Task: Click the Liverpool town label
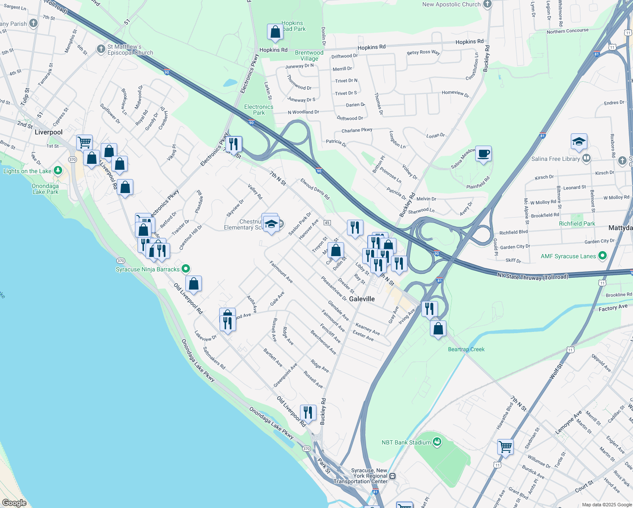[49, 132]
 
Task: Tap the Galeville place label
[362, 299]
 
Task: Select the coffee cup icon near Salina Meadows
[483, 154]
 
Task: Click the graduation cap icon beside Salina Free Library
[579, 142]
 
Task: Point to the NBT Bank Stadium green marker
[438, 442]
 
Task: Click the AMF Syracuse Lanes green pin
[603, 256]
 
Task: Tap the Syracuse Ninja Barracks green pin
[185, 269]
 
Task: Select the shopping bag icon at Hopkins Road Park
[275, 32]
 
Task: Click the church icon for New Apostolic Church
[487, 5]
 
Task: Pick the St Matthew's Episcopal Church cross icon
[101, 49]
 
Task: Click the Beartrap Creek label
[466, 349]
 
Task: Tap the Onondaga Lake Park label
[45, 189]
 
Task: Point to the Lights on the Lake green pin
[58, 171]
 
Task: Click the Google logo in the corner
[14, 503]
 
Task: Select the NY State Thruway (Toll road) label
[533, 276]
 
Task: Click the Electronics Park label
[259, 110]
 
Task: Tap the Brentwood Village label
[309, 55]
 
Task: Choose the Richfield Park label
[577, 224]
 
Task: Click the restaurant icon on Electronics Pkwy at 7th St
[234, 144]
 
